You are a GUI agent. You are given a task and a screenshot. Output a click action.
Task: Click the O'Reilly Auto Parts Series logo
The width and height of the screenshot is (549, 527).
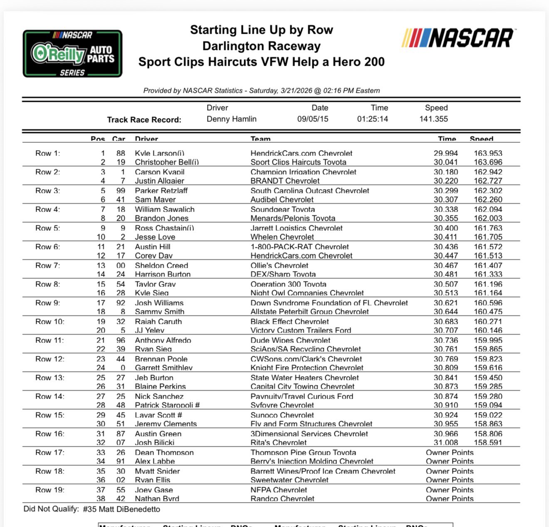point(72,54)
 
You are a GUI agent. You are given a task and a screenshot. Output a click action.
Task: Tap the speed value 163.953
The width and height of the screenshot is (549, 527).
point(488,153)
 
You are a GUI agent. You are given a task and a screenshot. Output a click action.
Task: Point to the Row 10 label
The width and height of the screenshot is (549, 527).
point(49,322)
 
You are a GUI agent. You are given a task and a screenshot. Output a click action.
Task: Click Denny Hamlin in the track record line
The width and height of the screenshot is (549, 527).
point(231,119)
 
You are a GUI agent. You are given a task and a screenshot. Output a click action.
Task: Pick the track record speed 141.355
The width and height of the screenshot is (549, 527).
point(433,119)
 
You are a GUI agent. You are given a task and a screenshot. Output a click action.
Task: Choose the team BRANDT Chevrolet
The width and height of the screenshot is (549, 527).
point(285,181)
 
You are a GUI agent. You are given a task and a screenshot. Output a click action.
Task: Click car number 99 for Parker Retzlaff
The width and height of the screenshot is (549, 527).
point(121,191)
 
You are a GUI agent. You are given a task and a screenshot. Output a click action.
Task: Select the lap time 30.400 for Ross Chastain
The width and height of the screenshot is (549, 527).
point(445,228)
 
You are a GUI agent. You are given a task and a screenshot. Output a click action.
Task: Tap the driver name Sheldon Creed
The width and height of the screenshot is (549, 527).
point(161,266)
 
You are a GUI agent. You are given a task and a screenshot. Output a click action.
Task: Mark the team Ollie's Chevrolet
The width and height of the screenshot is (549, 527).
point(279,266)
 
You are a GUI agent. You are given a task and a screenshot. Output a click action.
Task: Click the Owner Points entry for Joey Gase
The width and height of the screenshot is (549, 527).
point(450,490)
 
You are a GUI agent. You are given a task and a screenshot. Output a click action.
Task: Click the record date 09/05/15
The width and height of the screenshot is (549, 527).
point(312,119)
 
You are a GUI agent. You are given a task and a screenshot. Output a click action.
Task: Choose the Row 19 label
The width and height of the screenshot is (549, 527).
point(49,490)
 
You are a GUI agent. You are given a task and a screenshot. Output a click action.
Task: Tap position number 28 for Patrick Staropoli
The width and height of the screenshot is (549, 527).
point(101,405)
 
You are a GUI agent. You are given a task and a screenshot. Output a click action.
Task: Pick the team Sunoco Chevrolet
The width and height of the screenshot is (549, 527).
point(282,415)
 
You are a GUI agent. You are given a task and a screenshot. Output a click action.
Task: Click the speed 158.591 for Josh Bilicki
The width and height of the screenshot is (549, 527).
point(488,443)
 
